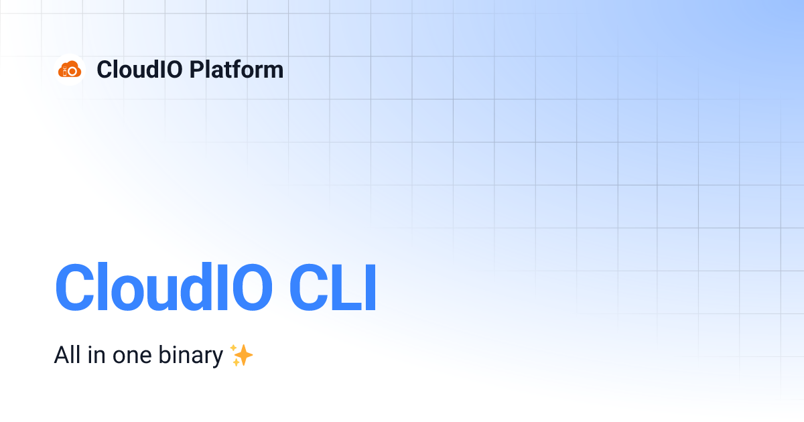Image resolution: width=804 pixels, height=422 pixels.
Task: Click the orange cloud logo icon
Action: pyautogui.click(x=70, y=69)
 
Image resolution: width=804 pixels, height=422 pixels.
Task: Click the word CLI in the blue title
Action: pyautogui.click(x=333, y=288)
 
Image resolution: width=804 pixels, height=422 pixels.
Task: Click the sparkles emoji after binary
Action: pyautogui.click(x=241, y=355)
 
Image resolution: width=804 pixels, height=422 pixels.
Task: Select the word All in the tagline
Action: pyautogui.click(x=67, y=356)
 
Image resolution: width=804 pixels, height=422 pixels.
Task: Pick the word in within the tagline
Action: pyautogui.click(x=94, y=356)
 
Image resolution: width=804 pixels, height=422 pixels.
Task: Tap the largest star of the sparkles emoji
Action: pyautogui.click(x=244, y=357)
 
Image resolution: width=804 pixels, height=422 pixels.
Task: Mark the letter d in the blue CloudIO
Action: pyautogui.click(x=206, y=288)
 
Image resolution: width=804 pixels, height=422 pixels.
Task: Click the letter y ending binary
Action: pyautogui.click(x=217, y=358)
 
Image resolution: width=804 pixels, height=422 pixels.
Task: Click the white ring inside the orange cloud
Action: pyautogui.click(x=73, y=70)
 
